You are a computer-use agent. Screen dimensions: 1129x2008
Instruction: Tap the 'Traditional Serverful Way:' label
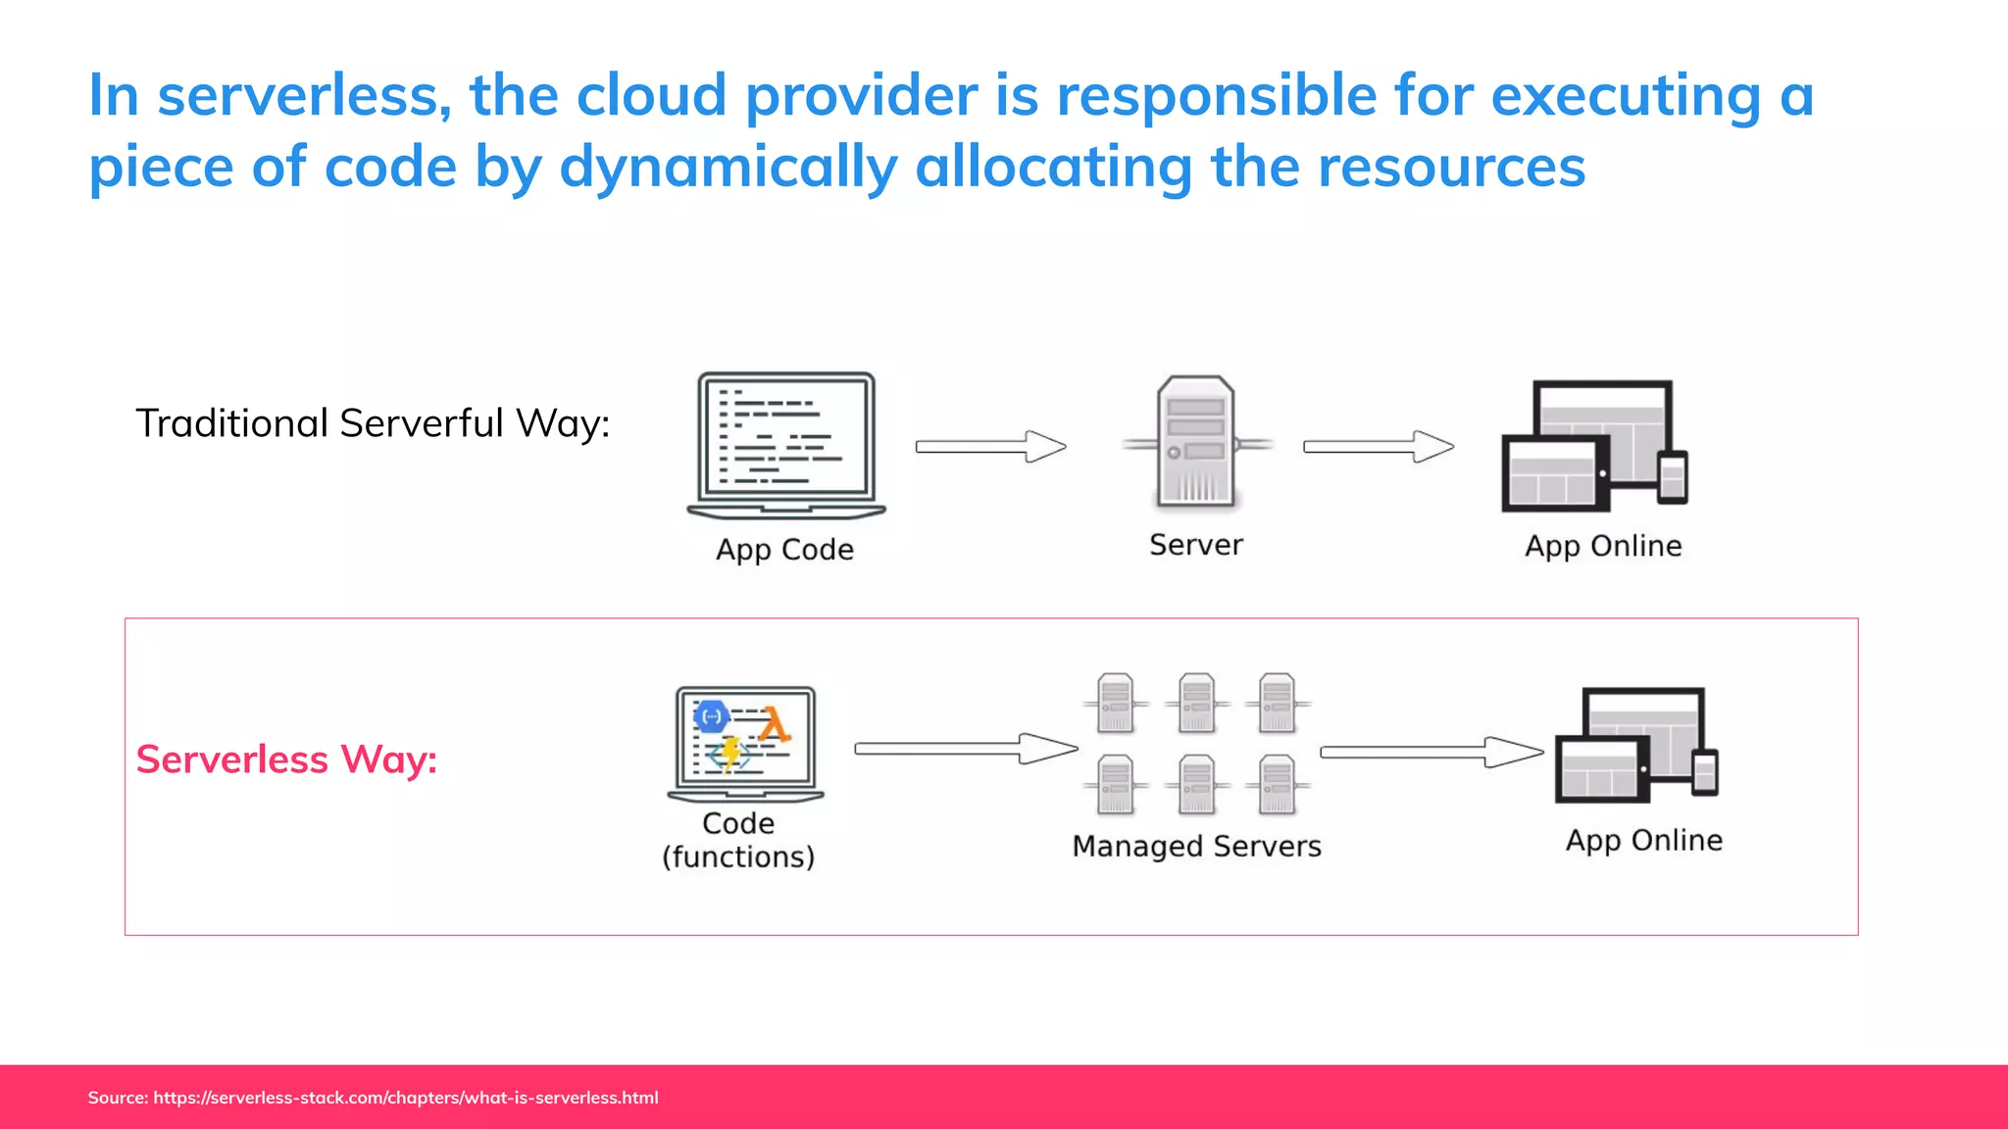point(373,423)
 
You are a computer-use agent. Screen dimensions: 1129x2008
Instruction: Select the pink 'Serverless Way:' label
point(286,760)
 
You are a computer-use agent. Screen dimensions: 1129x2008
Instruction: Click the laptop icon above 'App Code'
point(785,444)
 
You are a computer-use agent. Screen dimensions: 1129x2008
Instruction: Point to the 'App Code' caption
point(784,549)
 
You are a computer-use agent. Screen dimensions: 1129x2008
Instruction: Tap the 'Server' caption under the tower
point(1196,545)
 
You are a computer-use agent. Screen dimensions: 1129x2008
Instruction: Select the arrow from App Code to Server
point(990,447)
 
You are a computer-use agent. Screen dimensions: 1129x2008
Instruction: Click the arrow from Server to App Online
point(1378,447)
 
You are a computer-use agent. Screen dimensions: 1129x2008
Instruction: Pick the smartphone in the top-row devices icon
point(1672,477)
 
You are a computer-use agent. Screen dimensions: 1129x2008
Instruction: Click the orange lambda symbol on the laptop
point(774,725)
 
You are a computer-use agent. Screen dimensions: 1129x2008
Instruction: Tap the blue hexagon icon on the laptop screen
point(712,716)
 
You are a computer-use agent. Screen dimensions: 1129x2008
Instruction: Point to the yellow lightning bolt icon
point(730,753)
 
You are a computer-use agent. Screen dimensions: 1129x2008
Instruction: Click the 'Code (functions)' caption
point(738,840)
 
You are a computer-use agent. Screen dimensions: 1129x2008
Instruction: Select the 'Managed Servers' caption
point(1196,846)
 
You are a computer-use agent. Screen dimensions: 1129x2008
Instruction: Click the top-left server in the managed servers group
point(1116,703)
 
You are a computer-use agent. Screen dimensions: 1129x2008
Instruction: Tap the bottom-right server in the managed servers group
point(1277,784)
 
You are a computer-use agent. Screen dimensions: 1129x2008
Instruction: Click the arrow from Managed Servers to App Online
point(1431,753)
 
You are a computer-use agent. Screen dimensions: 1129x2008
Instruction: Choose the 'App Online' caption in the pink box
point(1643,841)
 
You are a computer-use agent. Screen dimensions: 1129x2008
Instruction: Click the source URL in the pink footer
point(405,1098)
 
